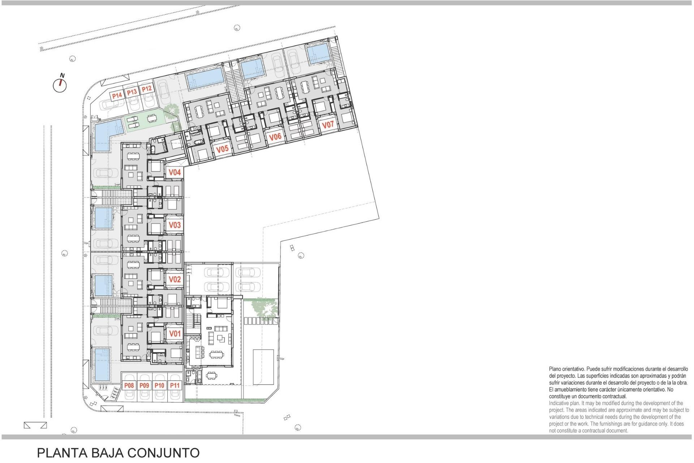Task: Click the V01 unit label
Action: coord(175,334)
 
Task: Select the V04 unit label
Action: coord(175,173)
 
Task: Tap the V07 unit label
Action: coord(328,125)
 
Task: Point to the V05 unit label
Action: coord(222,149)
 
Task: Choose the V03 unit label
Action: coord(175,225)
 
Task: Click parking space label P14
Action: coord(117,95)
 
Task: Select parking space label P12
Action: coord(146,89)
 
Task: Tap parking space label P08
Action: coord(129,386)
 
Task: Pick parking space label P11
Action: coord(175,386)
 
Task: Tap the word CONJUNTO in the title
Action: coord(163,453)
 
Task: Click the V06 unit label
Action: coord(275,137)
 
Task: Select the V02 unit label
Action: coord(175,279)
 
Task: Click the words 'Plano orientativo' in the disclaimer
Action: coord(566,369)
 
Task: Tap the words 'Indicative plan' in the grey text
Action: coord(564,403)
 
